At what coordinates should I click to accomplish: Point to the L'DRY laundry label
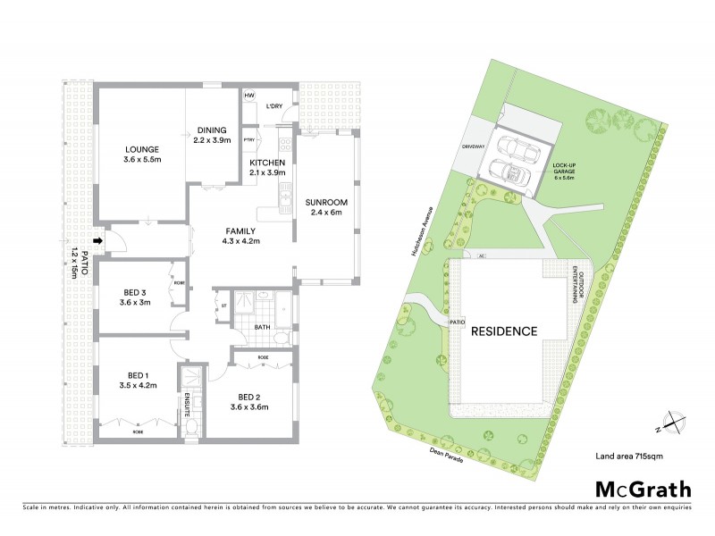(x=274, y=106)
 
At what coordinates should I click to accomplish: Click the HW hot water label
(x=249, y=96)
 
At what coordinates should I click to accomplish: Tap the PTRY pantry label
(x=249, y=139)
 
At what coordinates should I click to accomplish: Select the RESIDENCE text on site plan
(x=505, y=331)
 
